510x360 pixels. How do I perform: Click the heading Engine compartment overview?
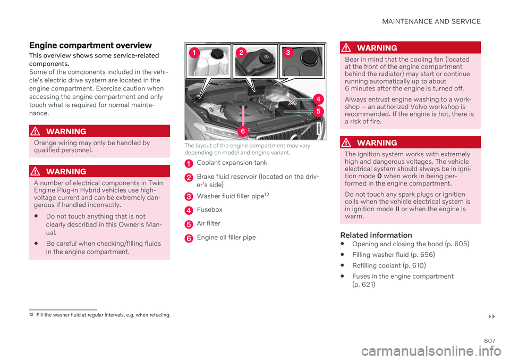tap(90, 45)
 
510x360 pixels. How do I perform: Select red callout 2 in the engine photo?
tap(241, 52)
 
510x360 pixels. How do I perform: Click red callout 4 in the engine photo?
tap(317, 98)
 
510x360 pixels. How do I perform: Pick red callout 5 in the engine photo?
tap(317, 111)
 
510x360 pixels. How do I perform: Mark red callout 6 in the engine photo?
tap(242, 130)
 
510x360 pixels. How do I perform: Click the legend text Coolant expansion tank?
tap(232, 163)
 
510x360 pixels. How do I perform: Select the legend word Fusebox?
tap(209, 210)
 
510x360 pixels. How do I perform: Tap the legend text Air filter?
tap(208, 224)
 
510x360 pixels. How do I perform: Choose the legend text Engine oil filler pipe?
tap(226, 237)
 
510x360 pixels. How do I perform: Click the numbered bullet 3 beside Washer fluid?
tap(189, 197)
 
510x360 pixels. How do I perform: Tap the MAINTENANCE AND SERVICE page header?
tap(430, 22)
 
